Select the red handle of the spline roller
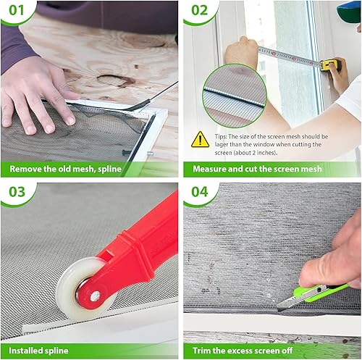[x=141, y=232]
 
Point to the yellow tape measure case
[x=329, y=65]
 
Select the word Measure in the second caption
[x=211, y=169]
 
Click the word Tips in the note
[x=219, y=135]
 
